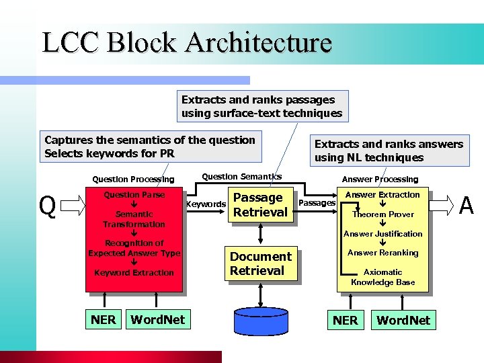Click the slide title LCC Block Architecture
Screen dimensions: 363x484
[x=187, y=42]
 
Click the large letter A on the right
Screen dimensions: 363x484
[x=466, y=205]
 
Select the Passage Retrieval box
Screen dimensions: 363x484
[x=259, y=205]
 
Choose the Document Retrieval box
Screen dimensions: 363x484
[x=260, y=264]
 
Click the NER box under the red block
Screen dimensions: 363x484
[x=104, y=320]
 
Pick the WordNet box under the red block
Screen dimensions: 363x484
[x=157, y=320]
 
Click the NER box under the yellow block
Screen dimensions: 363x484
[x=346, y=321]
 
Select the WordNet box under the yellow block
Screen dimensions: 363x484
[x=403, y=321]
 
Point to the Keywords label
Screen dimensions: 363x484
[x=206, y=204]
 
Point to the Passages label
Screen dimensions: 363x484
[x=317, y=202]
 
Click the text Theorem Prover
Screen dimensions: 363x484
[x=382, y=214]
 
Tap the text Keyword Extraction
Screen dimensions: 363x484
[x=134, y=273]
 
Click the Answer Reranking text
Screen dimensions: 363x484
[x=382, y=253]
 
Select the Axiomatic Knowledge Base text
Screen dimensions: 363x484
[x=382, y=278]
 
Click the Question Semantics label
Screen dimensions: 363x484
[x=242, y=177]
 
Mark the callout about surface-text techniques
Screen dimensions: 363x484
[x=261, y=106]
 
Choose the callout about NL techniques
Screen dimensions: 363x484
[x=389, y=151]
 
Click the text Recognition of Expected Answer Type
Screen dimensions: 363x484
[x=134, y=248]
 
